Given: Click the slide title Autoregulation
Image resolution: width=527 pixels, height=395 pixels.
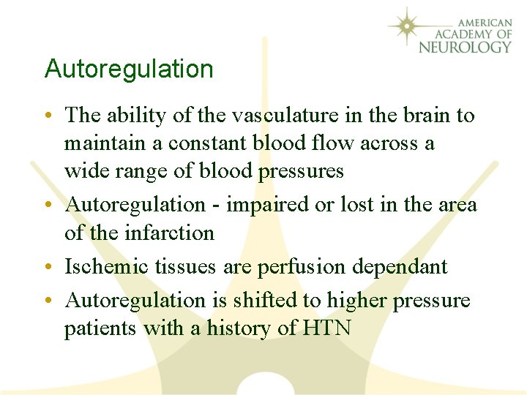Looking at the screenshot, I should pos(129,69).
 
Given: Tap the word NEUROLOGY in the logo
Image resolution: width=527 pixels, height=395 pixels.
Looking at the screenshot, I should pos(465,47).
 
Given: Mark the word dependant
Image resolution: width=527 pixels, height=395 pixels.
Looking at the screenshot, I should pos(400,266).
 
